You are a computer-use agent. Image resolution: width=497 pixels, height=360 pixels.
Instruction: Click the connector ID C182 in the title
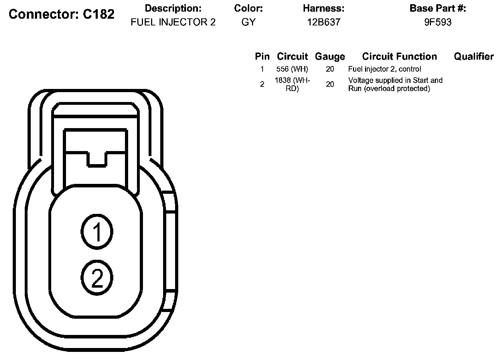click(99, 14)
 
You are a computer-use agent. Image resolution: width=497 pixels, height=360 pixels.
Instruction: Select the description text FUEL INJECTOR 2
click(173, 22)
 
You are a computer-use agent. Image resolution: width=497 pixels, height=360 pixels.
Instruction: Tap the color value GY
click(248, 22)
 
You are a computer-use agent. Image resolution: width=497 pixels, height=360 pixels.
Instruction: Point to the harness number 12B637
click(323, 22)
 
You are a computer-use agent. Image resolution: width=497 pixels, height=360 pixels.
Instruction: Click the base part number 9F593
click(438, 22)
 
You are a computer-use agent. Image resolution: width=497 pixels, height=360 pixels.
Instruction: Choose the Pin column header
click(262, 56)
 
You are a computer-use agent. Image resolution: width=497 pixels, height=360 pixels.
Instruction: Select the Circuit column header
click(292, 56)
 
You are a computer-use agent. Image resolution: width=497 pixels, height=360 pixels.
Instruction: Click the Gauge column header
click(330, 56)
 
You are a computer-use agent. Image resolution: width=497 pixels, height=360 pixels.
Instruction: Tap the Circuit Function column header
click(399, 56)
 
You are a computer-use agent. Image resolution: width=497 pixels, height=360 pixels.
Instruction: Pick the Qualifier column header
click(474, 56)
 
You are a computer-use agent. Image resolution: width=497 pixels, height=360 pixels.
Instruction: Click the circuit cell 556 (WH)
click(292, 69)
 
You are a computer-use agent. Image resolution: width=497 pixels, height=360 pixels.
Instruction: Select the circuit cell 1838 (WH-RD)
click(292, 84)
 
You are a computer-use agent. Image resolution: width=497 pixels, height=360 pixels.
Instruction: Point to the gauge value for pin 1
click(330, 69)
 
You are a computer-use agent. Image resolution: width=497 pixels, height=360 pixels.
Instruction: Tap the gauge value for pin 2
click(330, 84)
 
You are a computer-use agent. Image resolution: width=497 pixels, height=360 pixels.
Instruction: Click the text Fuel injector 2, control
click(384, 69)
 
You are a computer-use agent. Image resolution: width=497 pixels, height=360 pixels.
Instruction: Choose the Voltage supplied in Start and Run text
click(395, 84)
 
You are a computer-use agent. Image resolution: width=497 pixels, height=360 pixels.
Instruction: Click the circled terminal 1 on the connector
click(97, 232)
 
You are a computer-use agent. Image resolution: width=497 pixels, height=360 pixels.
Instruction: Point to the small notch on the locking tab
click(97, 159)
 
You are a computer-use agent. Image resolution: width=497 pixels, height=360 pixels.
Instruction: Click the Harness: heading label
click(323, 8)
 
